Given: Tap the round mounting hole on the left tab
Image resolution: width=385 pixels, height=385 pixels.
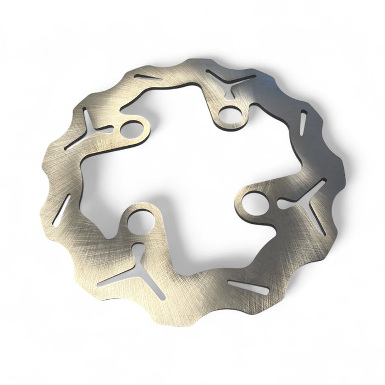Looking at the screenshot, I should pos(131,130).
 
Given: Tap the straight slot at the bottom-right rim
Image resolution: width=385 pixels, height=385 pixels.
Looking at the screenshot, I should pos(248,287).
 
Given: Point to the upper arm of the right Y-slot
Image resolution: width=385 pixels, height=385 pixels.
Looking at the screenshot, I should pos(318,189).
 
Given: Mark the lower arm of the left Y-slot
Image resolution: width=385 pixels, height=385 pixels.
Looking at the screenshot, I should pos(77,141).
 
